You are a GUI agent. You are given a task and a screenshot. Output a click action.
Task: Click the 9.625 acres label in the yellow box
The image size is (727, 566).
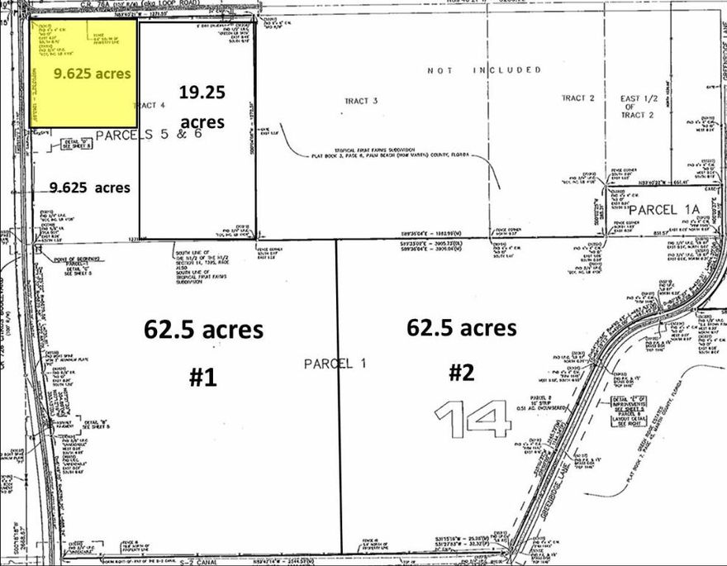point(92,74)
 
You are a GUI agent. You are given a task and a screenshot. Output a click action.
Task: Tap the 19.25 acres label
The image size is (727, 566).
point(202,107)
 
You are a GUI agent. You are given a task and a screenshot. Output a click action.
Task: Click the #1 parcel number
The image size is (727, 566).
point(202,378)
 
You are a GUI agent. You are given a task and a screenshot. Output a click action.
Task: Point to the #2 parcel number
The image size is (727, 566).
point(461,373)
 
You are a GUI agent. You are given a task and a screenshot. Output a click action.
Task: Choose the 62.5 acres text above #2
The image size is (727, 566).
point(461,327)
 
